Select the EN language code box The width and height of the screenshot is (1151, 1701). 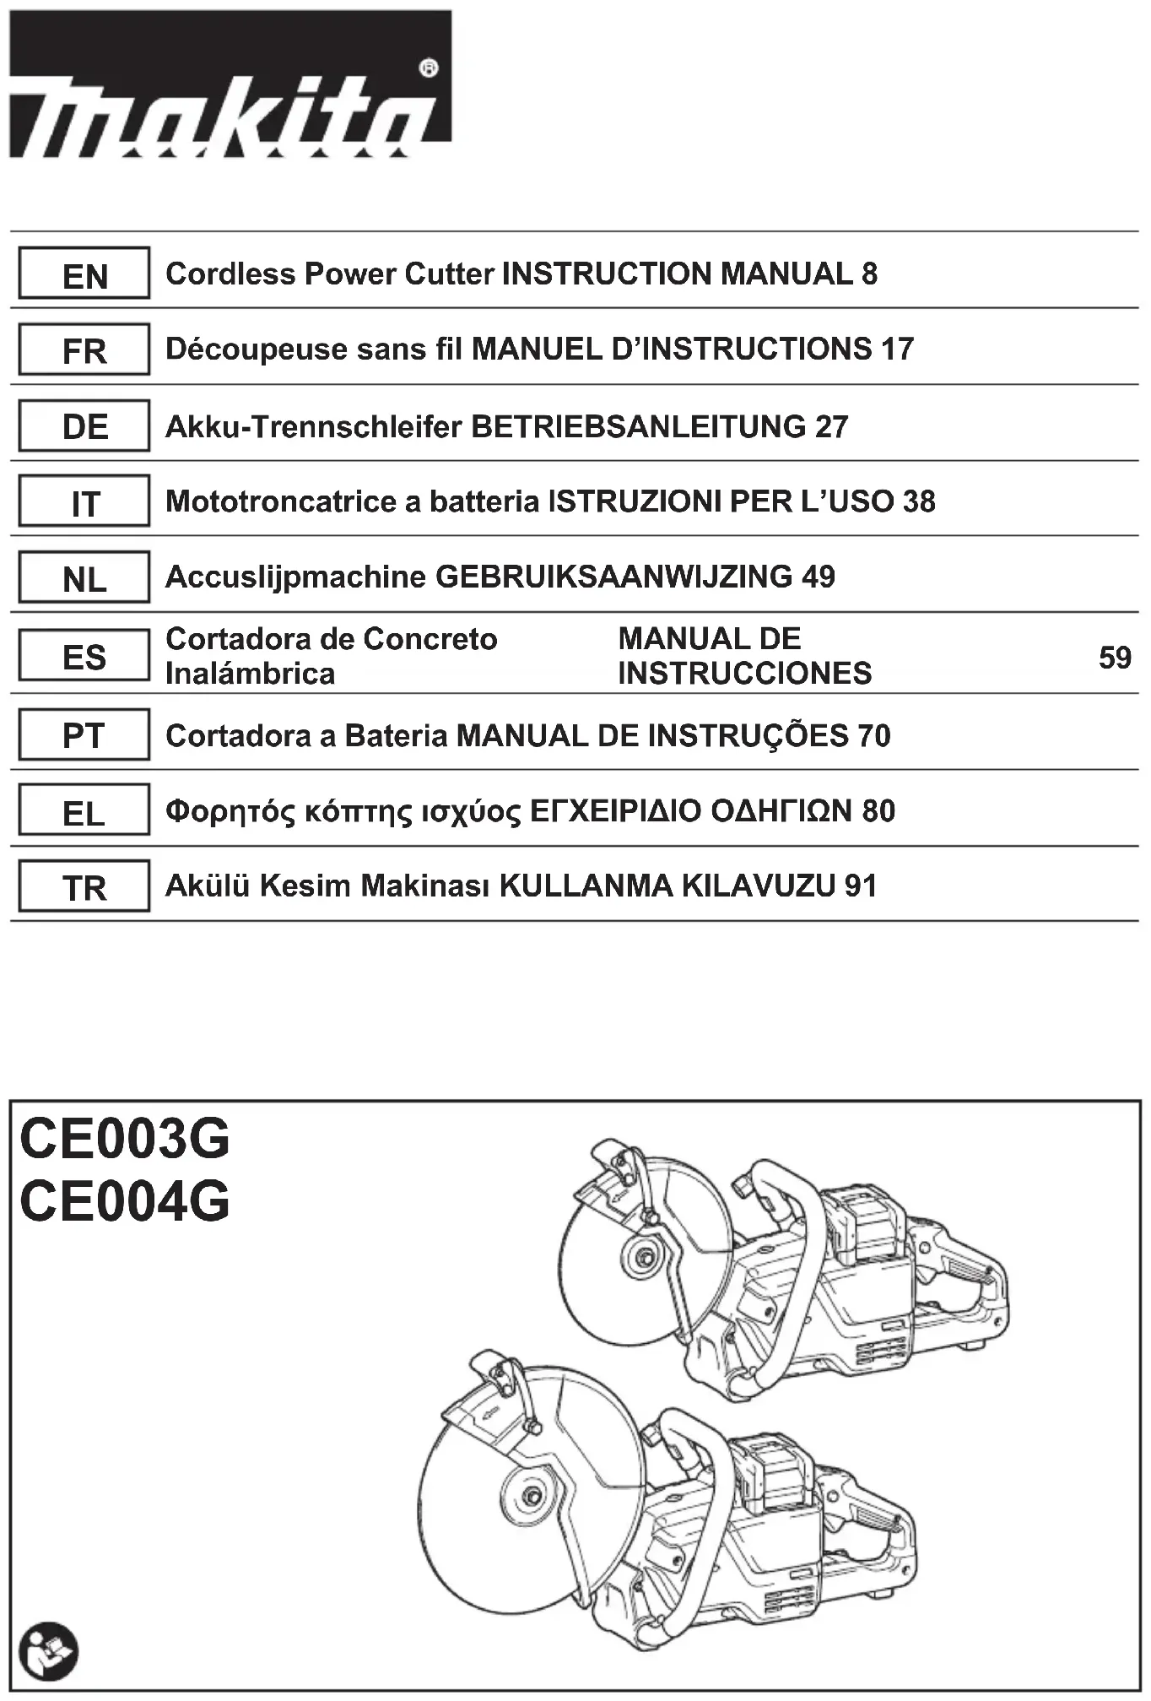pos(84,274)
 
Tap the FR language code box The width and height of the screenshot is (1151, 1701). pos(84,349)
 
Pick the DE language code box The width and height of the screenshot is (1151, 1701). pos(84,426)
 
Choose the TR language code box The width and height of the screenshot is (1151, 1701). pos(84,886)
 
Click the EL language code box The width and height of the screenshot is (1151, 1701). pos(84,812)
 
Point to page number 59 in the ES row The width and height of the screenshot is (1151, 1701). pos(1114,657)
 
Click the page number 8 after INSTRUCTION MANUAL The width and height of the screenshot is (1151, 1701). pos(869,274)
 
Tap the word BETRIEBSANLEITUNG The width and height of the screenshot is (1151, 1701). pos(639,426)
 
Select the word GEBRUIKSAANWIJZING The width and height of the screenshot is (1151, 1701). pos(613,577)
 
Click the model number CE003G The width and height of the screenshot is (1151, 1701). pos(124,1139)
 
